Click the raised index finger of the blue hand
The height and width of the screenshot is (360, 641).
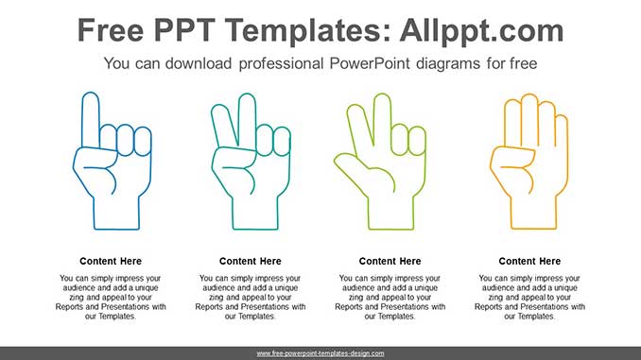click(91, 118)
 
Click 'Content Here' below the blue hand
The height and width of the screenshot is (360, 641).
click(111, 261)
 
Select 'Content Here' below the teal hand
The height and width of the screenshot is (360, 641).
click(251, 261)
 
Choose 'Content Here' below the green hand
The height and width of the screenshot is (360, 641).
click(390, 261)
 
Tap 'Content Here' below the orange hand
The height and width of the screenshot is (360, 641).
click(529, 261)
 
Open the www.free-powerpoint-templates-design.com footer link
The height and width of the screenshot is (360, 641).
click(320, 353)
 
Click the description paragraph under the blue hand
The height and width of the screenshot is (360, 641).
click(111, 297)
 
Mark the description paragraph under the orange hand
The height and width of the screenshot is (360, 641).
click(529, 297)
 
